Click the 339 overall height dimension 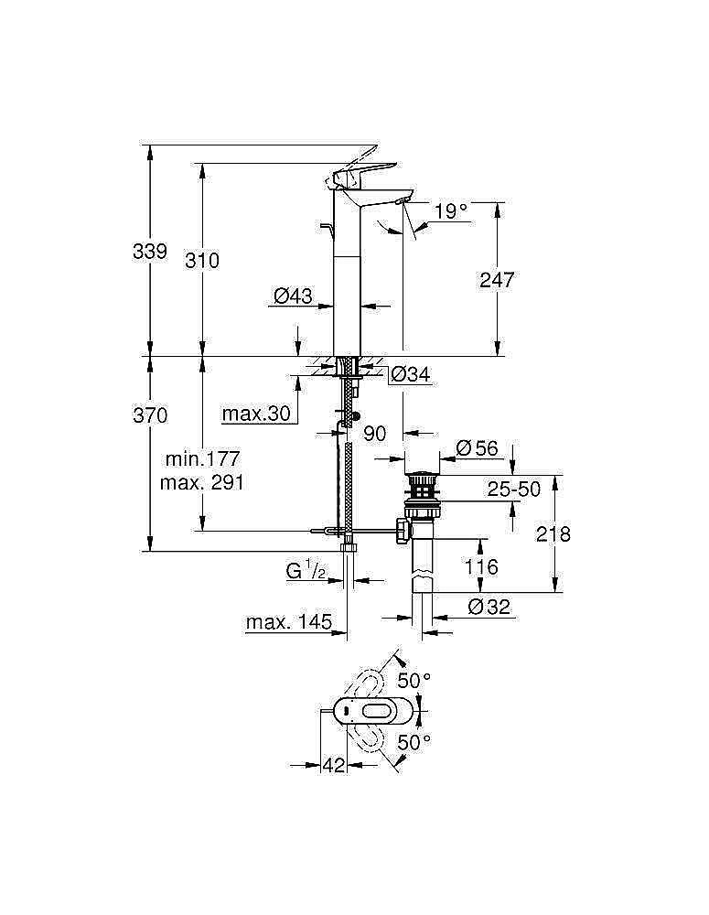[150, 251]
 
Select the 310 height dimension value [202, 260]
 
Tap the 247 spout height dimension [497, 279]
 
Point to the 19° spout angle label [450, 211]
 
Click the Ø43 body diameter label [293, 296]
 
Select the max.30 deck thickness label [256, 414]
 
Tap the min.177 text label [202, 458]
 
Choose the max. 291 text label [202, 481]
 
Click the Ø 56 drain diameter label [476, 447]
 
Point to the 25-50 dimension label [513, 490]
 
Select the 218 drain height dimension [553, 533]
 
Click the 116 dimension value [481, 567]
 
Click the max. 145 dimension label [288, 623]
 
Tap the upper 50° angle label [414, 681]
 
